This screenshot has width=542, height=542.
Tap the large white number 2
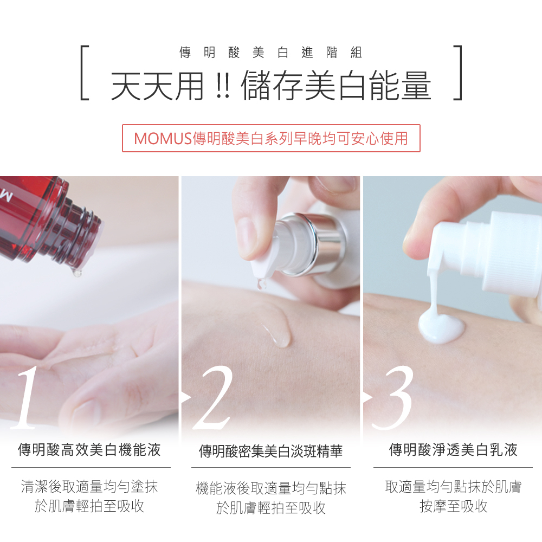coord(212,397)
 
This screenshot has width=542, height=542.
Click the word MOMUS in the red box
coord(163,139)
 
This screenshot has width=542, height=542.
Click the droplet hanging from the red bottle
coord(77,273)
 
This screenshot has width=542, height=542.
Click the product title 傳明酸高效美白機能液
coord(89,450)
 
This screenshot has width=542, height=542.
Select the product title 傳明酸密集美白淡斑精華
coord(270,451)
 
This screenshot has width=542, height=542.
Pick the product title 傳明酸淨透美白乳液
coord(453,450)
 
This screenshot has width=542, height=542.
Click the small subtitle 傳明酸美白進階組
coord(270,53)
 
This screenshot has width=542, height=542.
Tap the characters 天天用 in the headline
coord(157,86)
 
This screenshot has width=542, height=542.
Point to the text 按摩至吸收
coord(454,506)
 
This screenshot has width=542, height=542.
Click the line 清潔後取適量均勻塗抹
coord(89,486)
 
